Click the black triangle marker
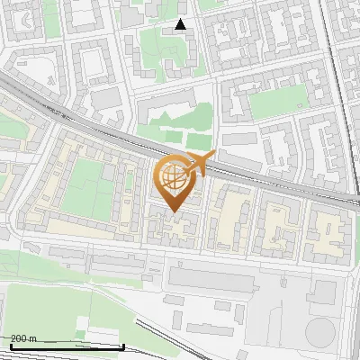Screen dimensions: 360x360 [181, 24]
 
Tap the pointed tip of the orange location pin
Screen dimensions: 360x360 [175, 211]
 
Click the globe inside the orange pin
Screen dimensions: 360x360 [174, 177]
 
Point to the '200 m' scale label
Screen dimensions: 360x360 [23, 338]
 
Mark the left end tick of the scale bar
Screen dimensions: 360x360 [10, 345]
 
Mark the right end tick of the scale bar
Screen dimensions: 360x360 [122, 345]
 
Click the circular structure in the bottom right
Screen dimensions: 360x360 [319, 332]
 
